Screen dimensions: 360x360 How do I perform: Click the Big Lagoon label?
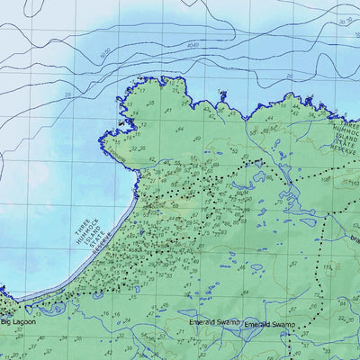pyautogui.click(x=17, y=322)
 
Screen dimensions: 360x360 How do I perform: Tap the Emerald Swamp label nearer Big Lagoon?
pyautogui.click(x=209, y=321)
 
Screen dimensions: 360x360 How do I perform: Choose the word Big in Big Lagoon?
pyautogui.click(x=5, y=322)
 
